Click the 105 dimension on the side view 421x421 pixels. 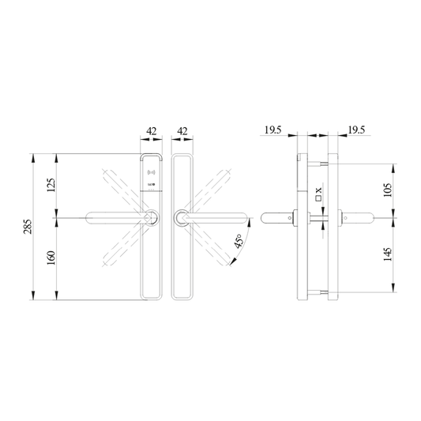tap(387, 190)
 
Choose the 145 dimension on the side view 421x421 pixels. tap(387, 256)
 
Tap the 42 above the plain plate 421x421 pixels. tap(181, 131)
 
